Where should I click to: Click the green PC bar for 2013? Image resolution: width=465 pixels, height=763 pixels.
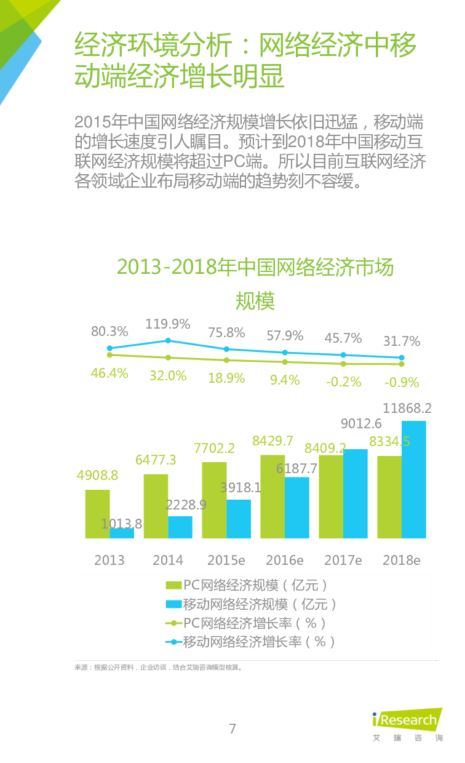coord(97,514)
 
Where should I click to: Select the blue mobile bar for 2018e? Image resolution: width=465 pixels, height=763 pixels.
coord(414,480)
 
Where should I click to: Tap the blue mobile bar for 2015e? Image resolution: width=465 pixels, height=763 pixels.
coord(239,519)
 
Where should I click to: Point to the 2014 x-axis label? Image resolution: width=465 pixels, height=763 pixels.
coord(168,560)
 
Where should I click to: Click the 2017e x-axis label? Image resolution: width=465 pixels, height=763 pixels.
coord(343,560)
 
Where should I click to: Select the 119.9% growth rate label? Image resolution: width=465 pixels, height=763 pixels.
coord(168,324)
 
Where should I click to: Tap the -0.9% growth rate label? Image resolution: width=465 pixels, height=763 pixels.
coord(402,382)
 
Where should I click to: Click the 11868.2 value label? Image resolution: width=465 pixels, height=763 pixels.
coord(407,408)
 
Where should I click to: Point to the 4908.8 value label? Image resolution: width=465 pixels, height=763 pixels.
coord(97,476)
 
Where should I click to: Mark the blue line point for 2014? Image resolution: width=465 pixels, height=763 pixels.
coord(168,340)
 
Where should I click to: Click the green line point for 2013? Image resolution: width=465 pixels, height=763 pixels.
coord(109,354)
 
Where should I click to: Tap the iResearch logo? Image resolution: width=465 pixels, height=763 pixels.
coord(407,724)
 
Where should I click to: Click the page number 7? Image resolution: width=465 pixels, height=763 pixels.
coord(232,729)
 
